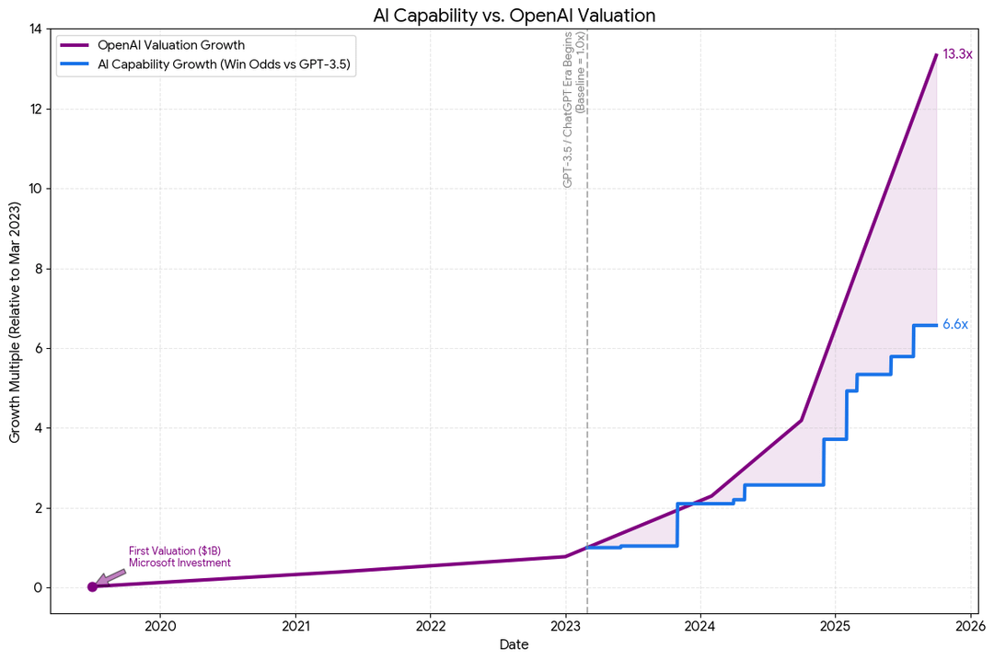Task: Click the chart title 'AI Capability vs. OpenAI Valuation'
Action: [514, 15]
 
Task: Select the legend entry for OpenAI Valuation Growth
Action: [170, 45]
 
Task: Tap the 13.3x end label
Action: [957, 54]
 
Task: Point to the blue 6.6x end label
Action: [955, 324]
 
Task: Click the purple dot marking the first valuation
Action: [92, 586]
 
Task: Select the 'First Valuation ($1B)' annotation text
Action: [174, 551]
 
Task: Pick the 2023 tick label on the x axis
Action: [565, 627]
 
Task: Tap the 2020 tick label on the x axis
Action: [160, 627]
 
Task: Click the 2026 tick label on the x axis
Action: [970, 627]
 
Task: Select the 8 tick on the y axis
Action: [38, 269]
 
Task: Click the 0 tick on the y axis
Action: [38, 587]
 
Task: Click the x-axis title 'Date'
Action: [514, 645]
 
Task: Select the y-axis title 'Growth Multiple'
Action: [15, 321]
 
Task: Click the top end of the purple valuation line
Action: [936, 55]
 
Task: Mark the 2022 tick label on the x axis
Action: [430, 627]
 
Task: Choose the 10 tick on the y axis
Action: [35, 189]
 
